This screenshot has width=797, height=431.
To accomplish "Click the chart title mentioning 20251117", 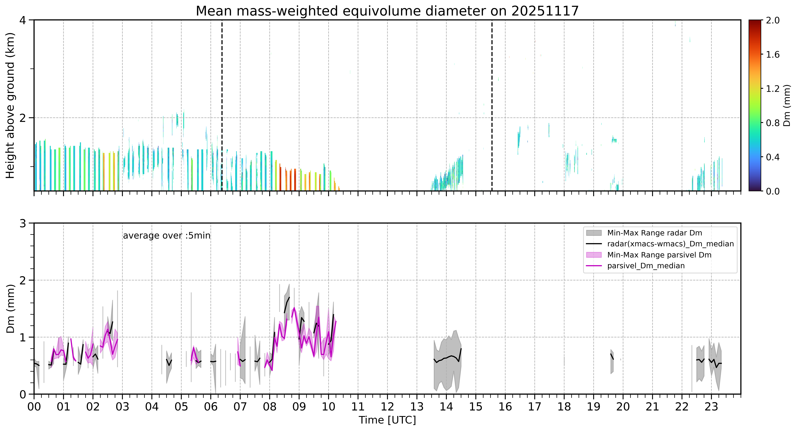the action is pos(387,11).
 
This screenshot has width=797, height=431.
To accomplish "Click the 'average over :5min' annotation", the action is pos(166,236).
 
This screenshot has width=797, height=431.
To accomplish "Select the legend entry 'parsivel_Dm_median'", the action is pos(646,266).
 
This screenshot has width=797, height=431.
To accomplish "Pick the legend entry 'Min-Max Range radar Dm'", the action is pos(654,233).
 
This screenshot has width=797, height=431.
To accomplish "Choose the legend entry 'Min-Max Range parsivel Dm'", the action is pos(659,255).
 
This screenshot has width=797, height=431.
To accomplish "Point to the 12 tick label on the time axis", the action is pos(387,407).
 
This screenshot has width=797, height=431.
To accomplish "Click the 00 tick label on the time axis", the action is pos(34,407).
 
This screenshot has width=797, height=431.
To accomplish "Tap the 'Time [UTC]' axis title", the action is pos(387,420).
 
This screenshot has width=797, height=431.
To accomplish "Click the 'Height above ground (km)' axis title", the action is pos(10,106).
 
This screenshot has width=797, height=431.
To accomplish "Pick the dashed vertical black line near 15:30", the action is pos(492,105).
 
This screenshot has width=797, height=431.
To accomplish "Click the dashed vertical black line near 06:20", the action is pos(222,105).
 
